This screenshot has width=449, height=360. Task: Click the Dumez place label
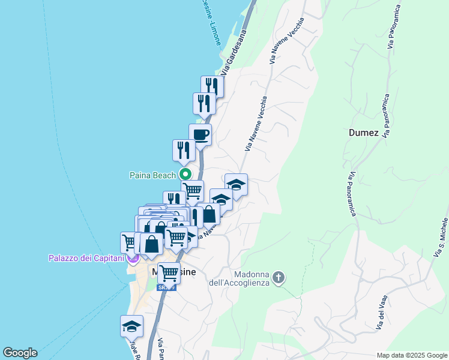pos(363,133)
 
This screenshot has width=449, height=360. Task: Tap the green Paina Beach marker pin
pos(185,175)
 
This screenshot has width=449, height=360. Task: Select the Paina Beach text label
pos(153,175)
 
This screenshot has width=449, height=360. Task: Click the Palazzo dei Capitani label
pos(86,259)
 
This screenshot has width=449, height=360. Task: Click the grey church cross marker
pos(278,277)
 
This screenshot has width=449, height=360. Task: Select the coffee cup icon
pos(200,134)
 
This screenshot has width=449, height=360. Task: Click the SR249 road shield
pos(166,287)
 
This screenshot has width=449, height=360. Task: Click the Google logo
pos(20,353)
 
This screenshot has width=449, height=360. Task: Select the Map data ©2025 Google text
pos(411,355)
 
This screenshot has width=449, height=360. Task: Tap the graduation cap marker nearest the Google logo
pos(131,326)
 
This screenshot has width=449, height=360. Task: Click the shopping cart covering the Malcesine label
pos(169,273)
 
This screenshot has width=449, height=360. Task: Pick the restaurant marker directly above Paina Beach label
pos(184,151)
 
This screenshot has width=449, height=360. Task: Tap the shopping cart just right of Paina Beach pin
pos(193,191)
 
